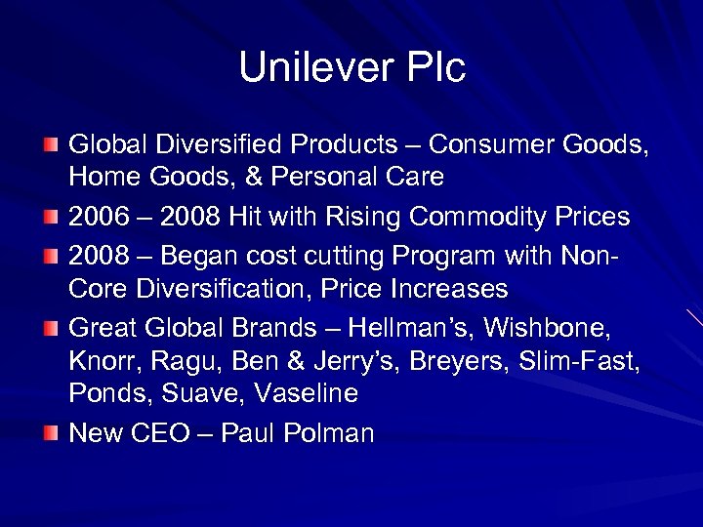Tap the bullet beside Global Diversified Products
coord(50,144)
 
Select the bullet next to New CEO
coord(50,430)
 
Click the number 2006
coord(98,216)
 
